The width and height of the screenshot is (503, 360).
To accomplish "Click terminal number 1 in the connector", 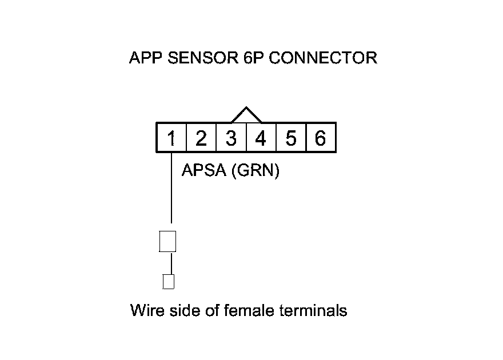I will coord(171,138).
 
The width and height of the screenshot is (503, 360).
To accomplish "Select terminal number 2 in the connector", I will coord(201,138).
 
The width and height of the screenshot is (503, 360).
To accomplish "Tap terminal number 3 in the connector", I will coord(231,138).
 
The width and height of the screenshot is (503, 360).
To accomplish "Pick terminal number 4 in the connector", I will coord(261,138).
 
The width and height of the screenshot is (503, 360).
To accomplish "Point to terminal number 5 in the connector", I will coord(290,138).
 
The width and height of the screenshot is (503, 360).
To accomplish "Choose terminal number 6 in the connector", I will coord(320,138).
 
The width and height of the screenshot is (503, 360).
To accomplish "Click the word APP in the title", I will coord(146,58).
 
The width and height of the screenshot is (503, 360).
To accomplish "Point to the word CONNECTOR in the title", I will coord(322,58).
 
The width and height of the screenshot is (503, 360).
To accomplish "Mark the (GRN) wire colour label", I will coord(255,170).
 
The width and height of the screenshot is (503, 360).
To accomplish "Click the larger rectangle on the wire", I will coord(167,241).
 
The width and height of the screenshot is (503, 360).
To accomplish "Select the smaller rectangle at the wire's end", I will coord(168,281).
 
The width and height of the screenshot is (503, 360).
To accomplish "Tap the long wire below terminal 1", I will coord(171,189).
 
